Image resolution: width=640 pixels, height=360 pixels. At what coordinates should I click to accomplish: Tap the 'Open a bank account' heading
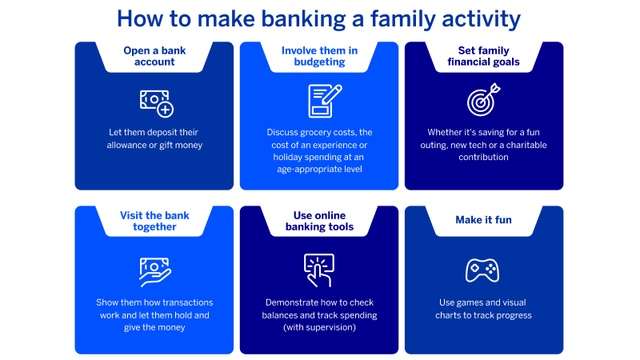[x=154, y=57]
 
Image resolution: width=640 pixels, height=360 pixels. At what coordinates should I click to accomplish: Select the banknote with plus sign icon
[x=155, y=102]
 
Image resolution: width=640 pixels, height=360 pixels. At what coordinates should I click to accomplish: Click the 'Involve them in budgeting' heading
[x=318, y=57]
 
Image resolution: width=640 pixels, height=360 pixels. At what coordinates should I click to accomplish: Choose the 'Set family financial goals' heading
[x=483, y=57]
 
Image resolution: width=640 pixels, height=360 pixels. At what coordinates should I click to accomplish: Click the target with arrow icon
[x=483, y=101]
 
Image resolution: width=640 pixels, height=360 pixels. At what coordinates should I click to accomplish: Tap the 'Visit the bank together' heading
[x=154, y=221]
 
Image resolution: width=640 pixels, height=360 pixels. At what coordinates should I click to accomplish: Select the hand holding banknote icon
[x=154, y=270]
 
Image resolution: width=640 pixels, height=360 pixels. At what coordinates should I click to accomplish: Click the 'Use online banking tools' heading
[x=318, y=221]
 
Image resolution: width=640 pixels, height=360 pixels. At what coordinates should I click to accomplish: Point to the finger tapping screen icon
[x=318, y=270]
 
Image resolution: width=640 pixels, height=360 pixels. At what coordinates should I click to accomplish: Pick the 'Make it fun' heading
[x=483, y=220]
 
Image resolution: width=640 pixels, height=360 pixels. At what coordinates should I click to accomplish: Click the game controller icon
[x=482, y=270]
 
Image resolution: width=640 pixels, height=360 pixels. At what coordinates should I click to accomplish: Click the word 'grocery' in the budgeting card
[x=322, y=132]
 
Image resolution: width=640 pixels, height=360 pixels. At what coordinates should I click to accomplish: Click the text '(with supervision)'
[x=318, y=328]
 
